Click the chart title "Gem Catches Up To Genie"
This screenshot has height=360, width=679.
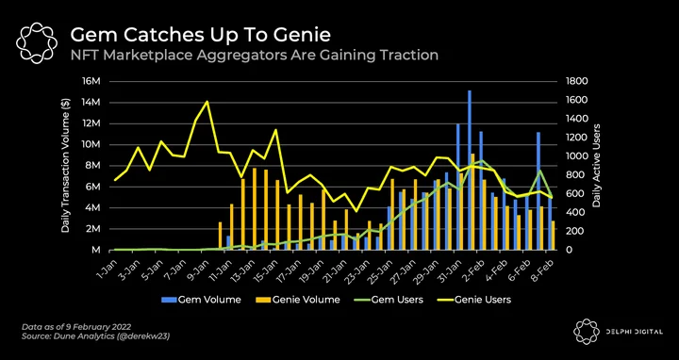click(200, 35)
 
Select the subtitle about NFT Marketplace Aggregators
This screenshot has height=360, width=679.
click(255, 55)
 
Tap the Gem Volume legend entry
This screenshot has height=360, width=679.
click(201, 300)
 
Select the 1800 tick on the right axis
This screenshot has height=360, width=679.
click(574, 81)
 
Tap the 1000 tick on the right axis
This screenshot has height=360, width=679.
click(574, 156)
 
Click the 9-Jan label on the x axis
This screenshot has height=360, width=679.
click(198, 268)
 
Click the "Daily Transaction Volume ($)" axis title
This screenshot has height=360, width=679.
click(65, 165)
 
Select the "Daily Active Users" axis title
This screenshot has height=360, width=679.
click(597, 165)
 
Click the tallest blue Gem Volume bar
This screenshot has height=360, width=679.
click(470, 170)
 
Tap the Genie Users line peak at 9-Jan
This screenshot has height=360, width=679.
click(207, 102)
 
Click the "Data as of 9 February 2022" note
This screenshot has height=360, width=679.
click(76, 326)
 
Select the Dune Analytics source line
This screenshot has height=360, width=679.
click(95, 336)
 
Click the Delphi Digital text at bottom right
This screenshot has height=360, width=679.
click(634, 332)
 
